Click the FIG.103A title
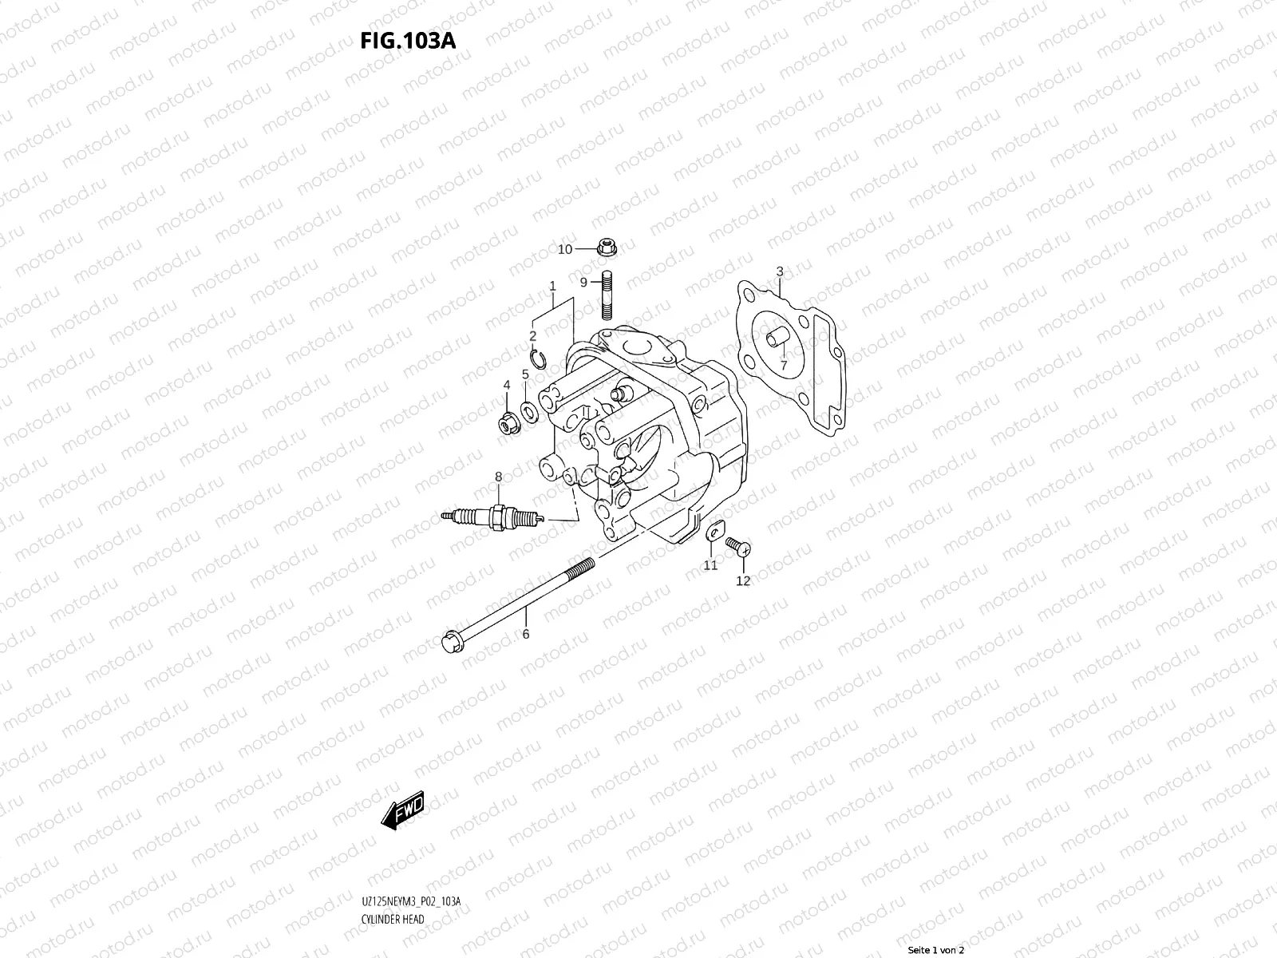[x=408, y=40]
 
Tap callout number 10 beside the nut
[x=564, y=249]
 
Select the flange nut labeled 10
[x=607, y=247]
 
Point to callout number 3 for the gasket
[x=780, y=272]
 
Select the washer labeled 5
[x=528, y=413]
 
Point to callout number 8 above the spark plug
[x=498, y=477]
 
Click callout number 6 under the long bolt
[x=525, y=633]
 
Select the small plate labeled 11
[x=713, y=531]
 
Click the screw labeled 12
[x=737, y=545]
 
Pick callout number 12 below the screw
[x=743, y=580]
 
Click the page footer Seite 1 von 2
[x=936, y=950]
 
